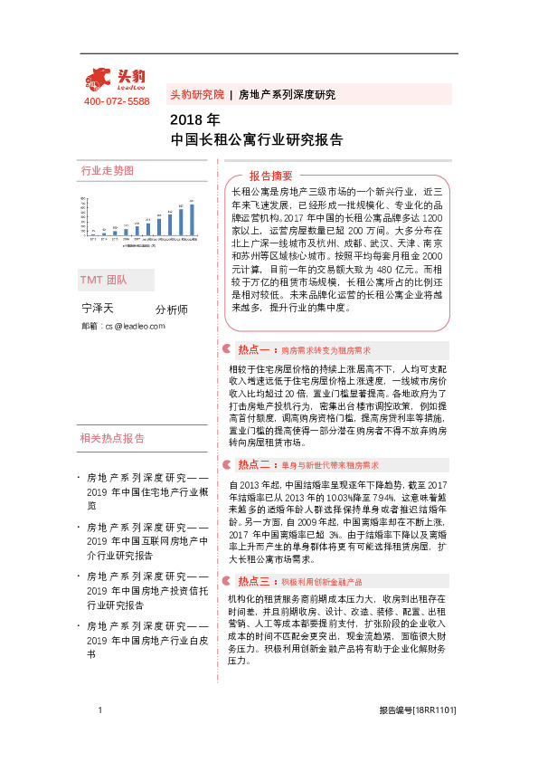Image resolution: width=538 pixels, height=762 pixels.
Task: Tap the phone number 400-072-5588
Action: [117, 101]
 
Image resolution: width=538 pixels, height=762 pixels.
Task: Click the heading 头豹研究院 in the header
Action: [196, 94]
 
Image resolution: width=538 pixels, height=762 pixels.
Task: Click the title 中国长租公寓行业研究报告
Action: [256, 139]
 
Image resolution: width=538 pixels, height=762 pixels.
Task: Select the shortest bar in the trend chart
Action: [93, 233]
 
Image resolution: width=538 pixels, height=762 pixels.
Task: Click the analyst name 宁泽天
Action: [97, 310]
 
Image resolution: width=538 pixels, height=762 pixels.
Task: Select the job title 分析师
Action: [172, 310]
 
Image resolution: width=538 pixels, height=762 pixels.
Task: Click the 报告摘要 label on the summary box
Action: [271, 176]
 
